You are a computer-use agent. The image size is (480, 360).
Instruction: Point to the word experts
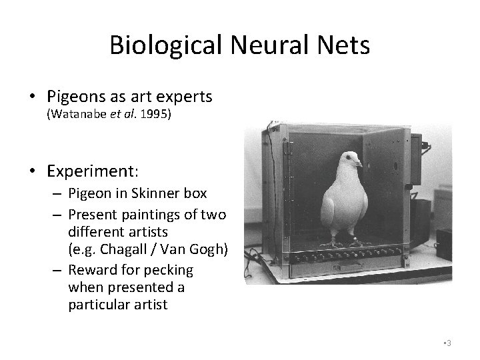point(182,97)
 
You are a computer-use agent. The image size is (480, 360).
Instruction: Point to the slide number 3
point(450,342)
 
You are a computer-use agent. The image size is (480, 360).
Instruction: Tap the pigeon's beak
point(360,163)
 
